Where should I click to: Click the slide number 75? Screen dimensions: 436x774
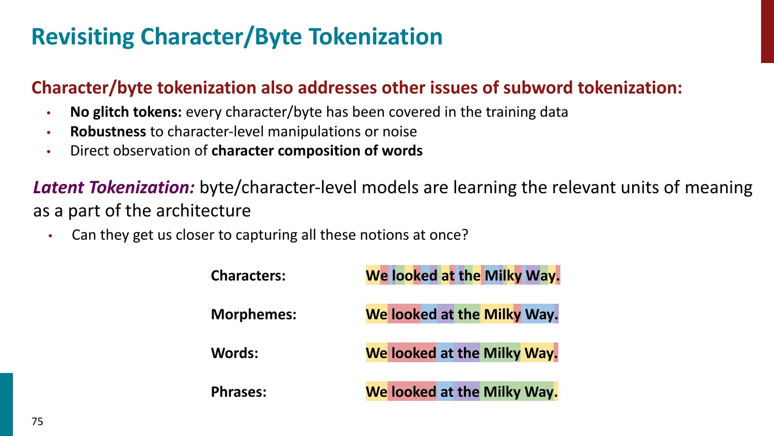pyautogui.click(x=37, y=422)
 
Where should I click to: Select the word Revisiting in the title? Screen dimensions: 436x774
pyautogui.click(x=83, y=37)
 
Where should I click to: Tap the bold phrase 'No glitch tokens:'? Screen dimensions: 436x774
pyautogui.click(x=126, y=112)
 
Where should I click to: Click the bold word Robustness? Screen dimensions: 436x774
pyautogui.click(x=108, y=132)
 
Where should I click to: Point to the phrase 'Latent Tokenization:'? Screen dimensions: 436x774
pyautogui.click(x=114, y=188)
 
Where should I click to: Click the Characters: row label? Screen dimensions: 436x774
pyautogui.click(x=248, y=276)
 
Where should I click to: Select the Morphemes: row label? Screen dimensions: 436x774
pyautogui.click(x=253, y=315)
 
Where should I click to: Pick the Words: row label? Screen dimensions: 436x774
pyautogui.click(x=234, y=353)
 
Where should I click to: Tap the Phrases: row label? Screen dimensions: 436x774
pyautogui.click(x=238, y=392)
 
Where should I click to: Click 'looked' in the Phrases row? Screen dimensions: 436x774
pyautogui.click(x=413, y=392)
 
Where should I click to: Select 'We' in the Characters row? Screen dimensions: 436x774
pyautogui.click(x=377, y=276)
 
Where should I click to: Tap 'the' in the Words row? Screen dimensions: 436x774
pyautogui.click(x=468, y=353)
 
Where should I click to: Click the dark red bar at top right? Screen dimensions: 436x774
pyautogui.click(x=767, y=31)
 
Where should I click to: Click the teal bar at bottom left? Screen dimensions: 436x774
pyautogui.click(x=6, y=404)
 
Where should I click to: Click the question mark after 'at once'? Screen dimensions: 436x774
pyautogui.click(x=465, y=235)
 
